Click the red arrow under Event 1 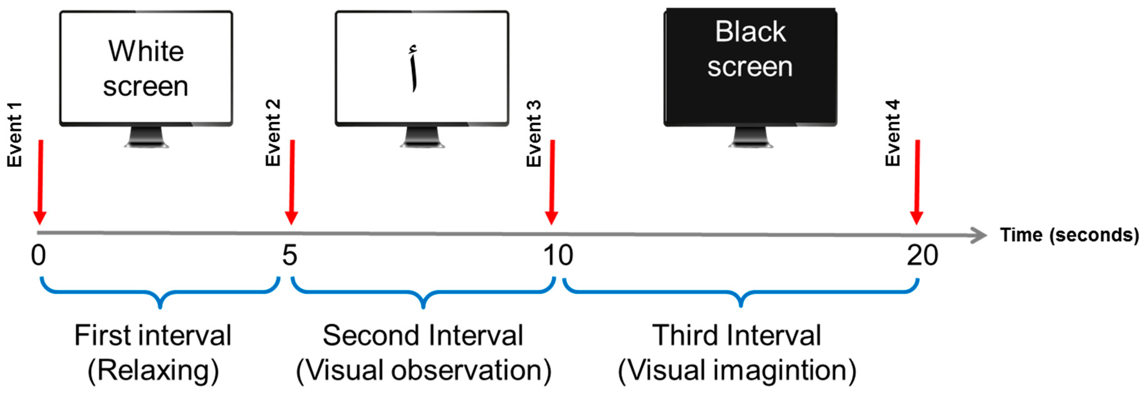[40, 182]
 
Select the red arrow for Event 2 [292, 182]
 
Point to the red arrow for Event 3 [552, 182]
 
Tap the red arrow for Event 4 [917, 182]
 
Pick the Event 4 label [893, 133]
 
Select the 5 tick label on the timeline [290, 256]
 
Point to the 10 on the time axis [558, 256]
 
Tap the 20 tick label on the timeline [922, 256]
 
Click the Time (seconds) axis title [1069, 235]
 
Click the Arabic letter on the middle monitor [414, 69]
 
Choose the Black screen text [750, 49]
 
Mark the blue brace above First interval [160, 293]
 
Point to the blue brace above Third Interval [741, 293]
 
